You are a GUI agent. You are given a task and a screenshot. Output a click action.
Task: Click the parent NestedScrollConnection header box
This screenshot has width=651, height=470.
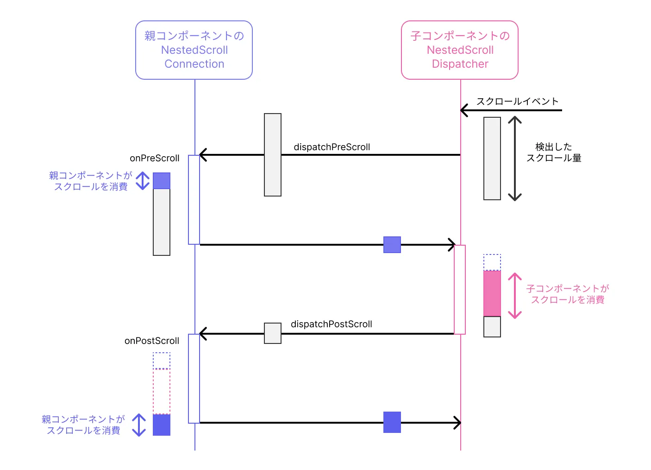[x=194, y=50]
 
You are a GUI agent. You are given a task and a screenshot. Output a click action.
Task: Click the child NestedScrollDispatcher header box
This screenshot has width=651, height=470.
[x=460, y=50]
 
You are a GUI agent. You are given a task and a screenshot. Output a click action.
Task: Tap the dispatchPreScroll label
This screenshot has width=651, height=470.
[x=332, y=147]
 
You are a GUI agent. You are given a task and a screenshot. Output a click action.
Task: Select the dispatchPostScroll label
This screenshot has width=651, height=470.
[x=331, y=324]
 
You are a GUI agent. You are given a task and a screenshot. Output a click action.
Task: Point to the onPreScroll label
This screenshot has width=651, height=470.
[x=154, y=158]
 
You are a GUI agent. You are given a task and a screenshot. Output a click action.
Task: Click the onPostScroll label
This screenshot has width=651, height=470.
[x=151, y=341]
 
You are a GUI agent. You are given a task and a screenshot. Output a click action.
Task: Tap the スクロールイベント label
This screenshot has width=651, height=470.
[x=517, y=102]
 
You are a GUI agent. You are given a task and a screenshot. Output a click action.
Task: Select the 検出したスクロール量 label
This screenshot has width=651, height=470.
[x=554, y=152]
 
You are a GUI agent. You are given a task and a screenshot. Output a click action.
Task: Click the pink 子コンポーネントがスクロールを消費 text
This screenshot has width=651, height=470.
[x=568, y=294]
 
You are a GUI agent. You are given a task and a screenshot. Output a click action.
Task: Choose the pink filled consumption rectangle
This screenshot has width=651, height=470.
[x=492, y=294]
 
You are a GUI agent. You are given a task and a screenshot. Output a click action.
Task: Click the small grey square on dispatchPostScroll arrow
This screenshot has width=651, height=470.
[x=273, y=333]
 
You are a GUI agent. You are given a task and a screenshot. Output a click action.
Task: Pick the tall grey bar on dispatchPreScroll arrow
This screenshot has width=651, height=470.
[x=273, y=155]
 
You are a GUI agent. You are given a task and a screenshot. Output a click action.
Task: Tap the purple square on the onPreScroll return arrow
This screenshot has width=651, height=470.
[x=392, y=245]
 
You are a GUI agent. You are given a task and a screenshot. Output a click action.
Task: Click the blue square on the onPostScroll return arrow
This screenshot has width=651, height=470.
[x=392, y=422]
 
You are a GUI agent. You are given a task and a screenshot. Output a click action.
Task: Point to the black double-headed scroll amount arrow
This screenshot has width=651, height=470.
[x=515, y=159]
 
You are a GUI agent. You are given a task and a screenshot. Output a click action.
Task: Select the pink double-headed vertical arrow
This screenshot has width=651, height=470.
[x=515, y=296]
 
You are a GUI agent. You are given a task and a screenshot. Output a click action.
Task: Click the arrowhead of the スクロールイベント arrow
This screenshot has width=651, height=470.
[x=464, y=110]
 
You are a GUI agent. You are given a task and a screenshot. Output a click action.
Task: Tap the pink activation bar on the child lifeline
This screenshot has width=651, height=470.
[x=460, y=290]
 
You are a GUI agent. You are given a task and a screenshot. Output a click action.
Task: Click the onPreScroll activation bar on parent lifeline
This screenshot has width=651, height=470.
[x=194, y=200]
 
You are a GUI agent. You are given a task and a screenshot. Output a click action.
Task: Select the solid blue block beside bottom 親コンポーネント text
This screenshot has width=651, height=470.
[x=162, y=425]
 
